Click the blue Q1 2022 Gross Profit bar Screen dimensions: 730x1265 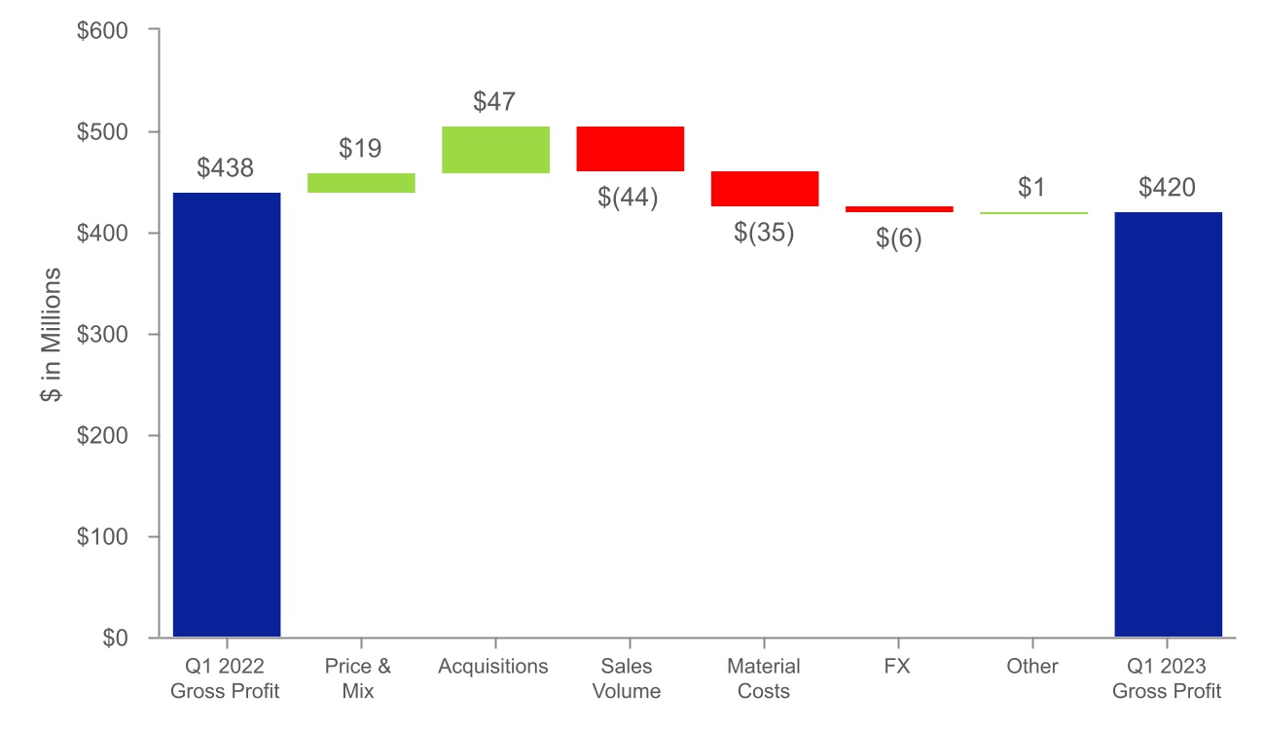coord(227,415)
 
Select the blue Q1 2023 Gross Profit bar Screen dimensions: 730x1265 coord(1168,424)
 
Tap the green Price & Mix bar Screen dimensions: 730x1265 coord(361,183)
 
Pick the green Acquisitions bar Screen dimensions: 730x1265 coord(495,150)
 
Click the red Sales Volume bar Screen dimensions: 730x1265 coord(631,149)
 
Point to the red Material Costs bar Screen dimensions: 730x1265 coord(765,189)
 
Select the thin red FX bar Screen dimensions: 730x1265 coord(899,209)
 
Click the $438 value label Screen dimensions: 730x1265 coord(225,167)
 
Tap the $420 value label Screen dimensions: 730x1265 coord(1167,187)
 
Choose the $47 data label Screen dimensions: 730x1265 coord(494,101)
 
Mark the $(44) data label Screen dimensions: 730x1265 coord(629,198)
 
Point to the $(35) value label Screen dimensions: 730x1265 coord(764,233)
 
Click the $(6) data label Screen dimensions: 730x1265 coord(898,238)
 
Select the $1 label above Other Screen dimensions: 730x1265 coord(1031,187)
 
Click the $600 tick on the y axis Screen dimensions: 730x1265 coord(101,31)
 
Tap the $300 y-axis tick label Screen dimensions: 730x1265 coord(101,335)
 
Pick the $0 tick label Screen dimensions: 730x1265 coord(115,639)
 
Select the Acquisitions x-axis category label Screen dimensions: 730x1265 coord(493,667)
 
